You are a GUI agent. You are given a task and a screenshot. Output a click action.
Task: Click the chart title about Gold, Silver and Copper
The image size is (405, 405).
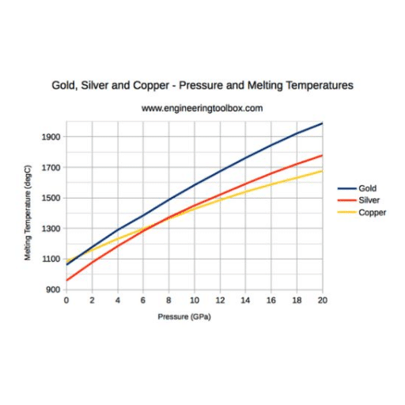[x=202, y=85]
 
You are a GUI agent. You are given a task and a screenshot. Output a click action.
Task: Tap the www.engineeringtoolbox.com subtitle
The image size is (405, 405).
[x=202, y=108]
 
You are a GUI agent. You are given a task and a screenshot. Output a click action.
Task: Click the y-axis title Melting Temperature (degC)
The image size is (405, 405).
[x=28, y=213]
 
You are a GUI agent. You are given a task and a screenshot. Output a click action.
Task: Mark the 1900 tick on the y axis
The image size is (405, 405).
[x=51, y=137]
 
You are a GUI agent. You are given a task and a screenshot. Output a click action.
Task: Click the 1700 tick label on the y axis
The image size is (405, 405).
[x=51, y=168]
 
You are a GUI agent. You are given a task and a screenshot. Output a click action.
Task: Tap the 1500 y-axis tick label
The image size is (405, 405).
[x=51, y=198]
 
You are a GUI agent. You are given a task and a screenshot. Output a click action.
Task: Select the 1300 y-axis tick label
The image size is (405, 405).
[x=51, y=229]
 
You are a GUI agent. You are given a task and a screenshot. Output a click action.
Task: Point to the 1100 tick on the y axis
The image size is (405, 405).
[x=51, y=259]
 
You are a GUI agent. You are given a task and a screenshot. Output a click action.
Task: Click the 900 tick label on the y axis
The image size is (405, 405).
[x=53, y=290]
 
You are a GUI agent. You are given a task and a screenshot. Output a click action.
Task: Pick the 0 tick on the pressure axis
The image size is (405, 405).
[x=66, y=301]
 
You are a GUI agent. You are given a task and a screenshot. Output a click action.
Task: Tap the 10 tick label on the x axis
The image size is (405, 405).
[x=195, y=301]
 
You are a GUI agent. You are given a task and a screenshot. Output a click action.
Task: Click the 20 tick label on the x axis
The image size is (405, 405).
[x=322, y=301]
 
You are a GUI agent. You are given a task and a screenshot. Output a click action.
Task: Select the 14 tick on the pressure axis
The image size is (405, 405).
[x=245, y=301]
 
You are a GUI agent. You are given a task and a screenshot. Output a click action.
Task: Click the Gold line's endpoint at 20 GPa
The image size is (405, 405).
[x=322, y=123]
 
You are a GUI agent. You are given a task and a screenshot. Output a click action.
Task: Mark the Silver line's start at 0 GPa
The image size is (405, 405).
[x=66, y=280]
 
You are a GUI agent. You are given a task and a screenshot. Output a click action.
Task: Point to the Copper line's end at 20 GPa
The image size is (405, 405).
[x=322, y=171]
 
